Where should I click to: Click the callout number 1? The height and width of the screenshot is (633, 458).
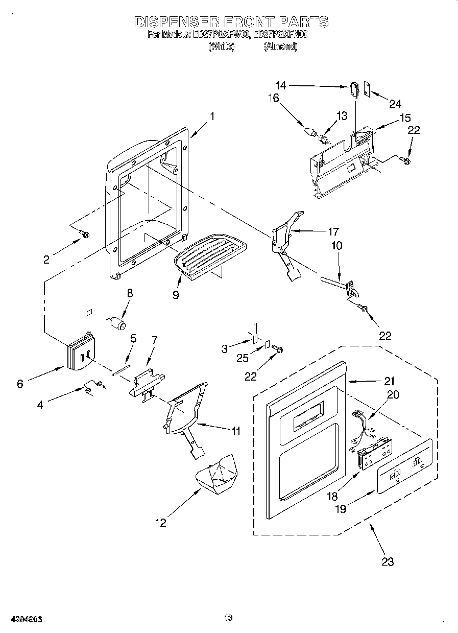(211, 116)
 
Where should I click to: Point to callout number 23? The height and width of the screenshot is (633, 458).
(388, 561)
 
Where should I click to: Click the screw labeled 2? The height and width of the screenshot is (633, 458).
(85, 235)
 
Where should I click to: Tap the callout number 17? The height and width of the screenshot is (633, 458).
(333, 231)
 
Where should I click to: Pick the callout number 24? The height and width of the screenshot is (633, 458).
(395, 104)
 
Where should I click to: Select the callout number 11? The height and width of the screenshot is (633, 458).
(235, 431)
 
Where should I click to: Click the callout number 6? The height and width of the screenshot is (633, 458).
(20, 384)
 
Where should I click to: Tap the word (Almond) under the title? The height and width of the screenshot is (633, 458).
(280, 46)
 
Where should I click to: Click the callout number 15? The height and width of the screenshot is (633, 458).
(405, 118)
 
